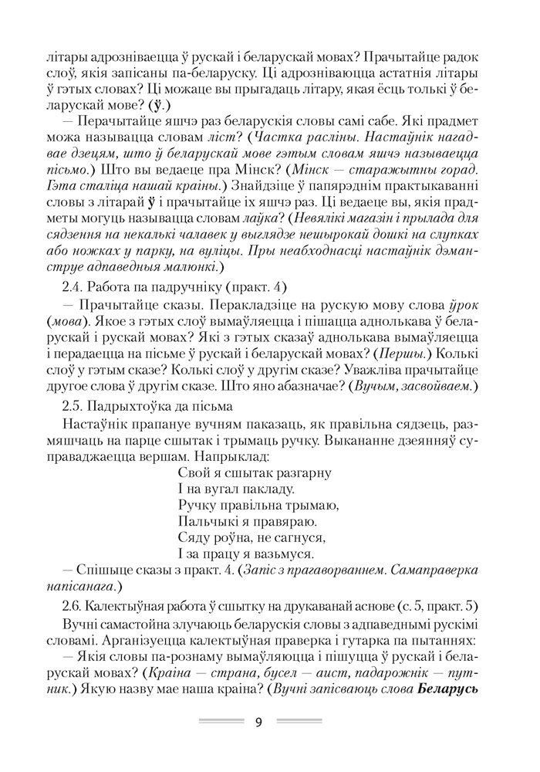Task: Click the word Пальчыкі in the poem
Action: coord(204,521)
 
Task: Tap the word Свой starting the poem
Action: coord(191,471)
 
